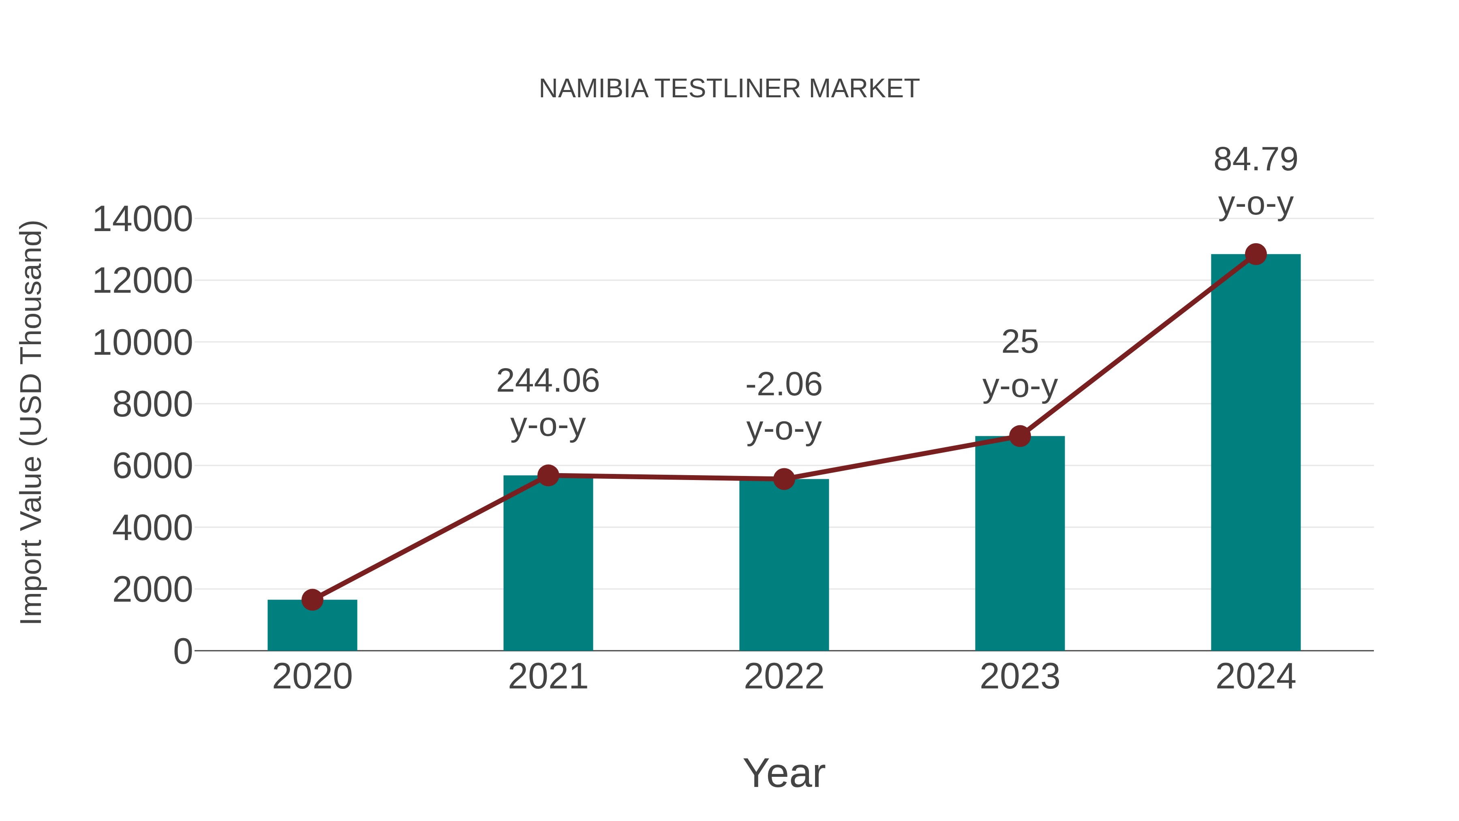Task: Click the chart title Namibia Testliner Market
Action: click(x=729, y=89)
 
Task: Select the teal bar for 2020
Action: click(x=312, y=626)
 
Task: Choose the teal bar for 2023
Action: click(x=1020, y=544)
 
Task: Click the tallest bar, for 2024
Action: click(x=1256, y=453)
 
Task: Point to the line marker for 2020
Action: click(x=312, y=600)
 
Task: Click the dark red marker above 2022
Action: click(x=784, y=479)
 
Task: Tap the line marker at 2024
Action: click(x=1256, y=254)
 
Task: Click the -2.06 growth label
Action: click(x=784, y=385)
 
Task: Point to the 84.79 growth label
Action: click(x=1256, y=159)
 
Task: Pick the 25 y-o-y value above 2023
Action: click(x=1020, y=342)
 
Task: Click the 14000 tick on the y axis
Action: click(x=142, y=219)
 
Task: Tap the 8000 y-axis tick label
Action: click(x=152, y=405)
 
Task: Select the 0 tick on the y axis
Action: click(x=183, y=652)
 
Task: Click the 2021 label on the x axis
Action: click(x=548, y=677)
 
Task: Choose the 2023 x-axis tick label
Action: click(x=1020, y=677)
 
